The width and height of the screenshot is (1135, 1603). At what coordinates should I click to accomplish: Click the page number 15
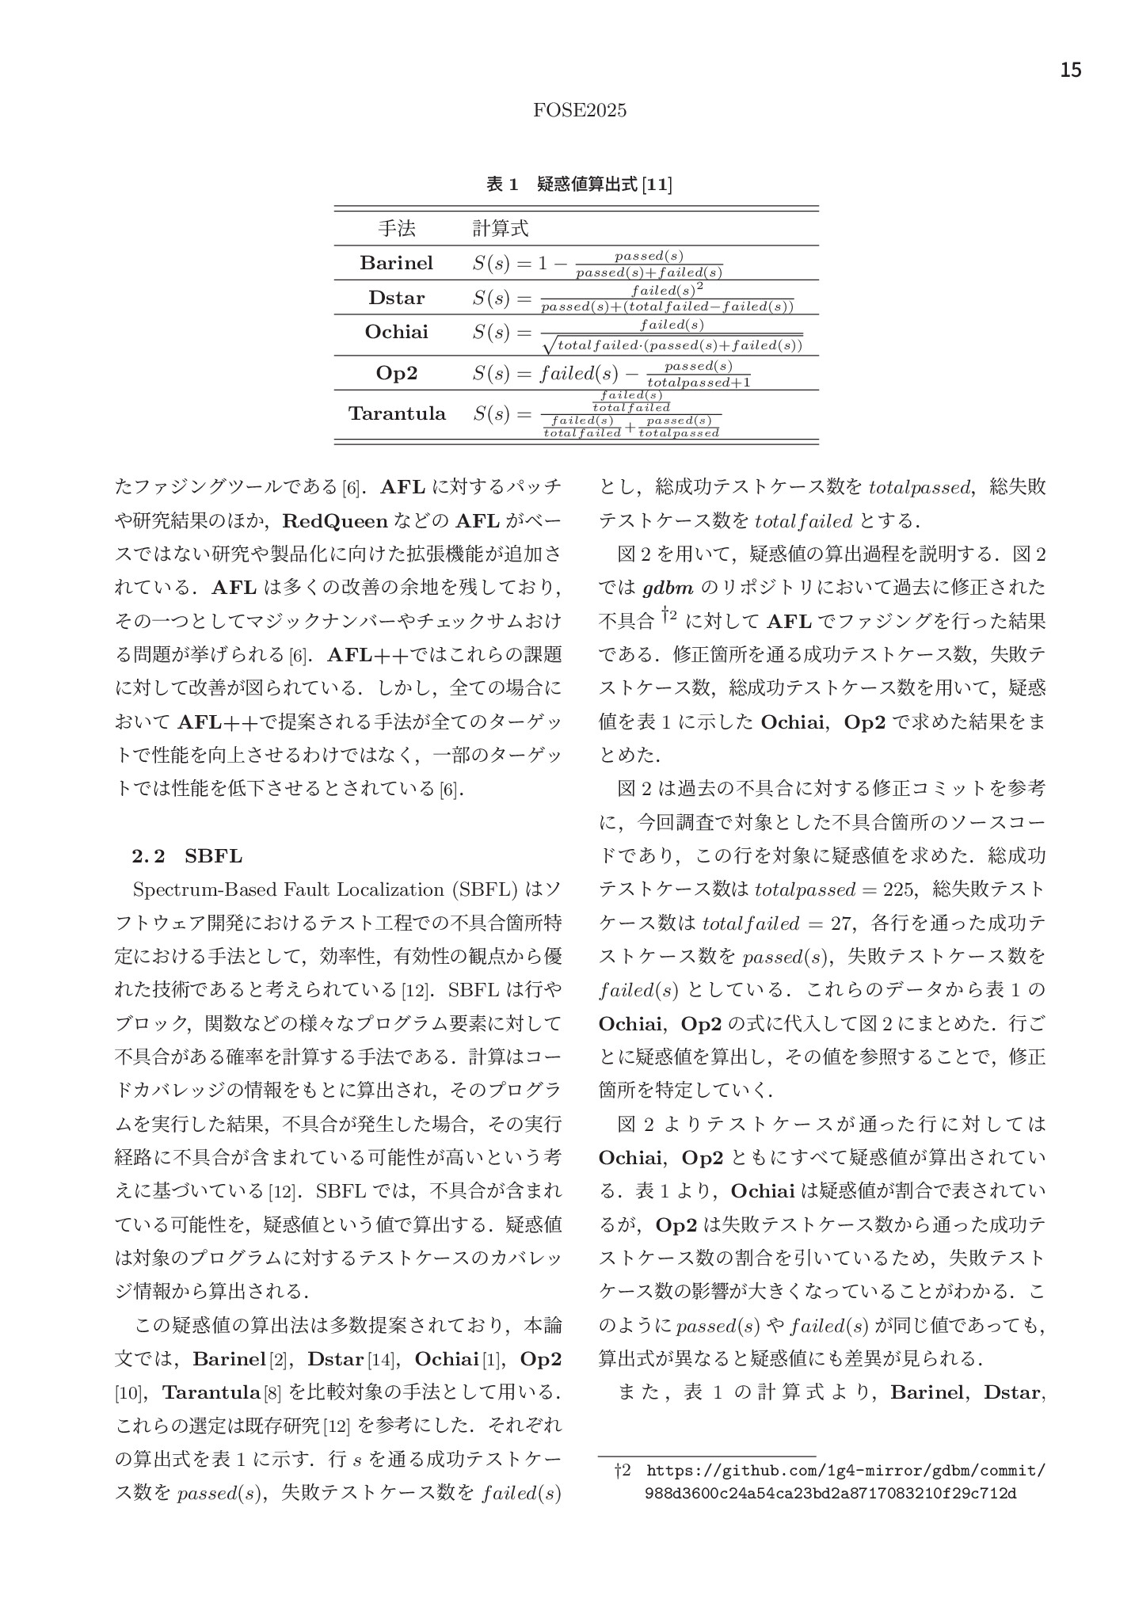click(x=1070, y=70)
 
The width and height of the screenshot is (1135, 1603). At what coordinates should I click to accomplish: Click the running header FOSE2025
click(x=580, y=111)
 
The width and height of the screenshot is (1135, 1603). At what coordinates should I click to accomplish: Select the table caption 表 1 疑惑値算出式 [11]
click(x=579, y=185)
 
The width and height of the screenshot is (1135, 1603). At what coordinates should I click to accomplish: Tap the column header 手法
click(x=397, y=229)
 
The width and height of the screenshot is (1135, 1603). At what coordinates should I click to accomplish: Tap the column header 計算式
click(x=500, y=229)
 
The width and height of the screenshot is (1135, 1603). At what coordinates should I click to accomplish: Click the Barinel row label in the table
click(x=397, y=263)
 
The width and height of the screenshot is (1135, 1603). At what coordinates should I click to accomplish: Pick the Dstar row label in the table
click(x=397, y=298)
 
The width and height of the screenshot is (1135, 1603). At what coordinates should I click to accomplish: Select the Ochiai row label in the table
click(x=397, y=332)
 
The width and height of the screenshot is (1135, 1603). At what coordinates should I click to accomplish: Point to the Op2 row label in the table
click(x=397, y=373)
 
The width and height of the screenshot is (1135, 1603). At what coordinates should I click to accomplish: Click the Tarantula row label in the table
click(x=397, y=413)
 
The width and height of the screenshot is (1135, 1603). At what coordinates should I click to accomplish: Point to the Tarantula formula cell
click(x=596, y=414)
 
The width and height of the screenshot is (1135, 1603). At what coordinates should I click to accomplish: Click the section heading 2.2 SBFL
click(x=187, y=856)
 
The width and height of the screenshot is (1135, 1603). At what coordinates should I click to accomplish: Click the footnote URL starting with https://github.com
click(x=845, y=1471)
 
